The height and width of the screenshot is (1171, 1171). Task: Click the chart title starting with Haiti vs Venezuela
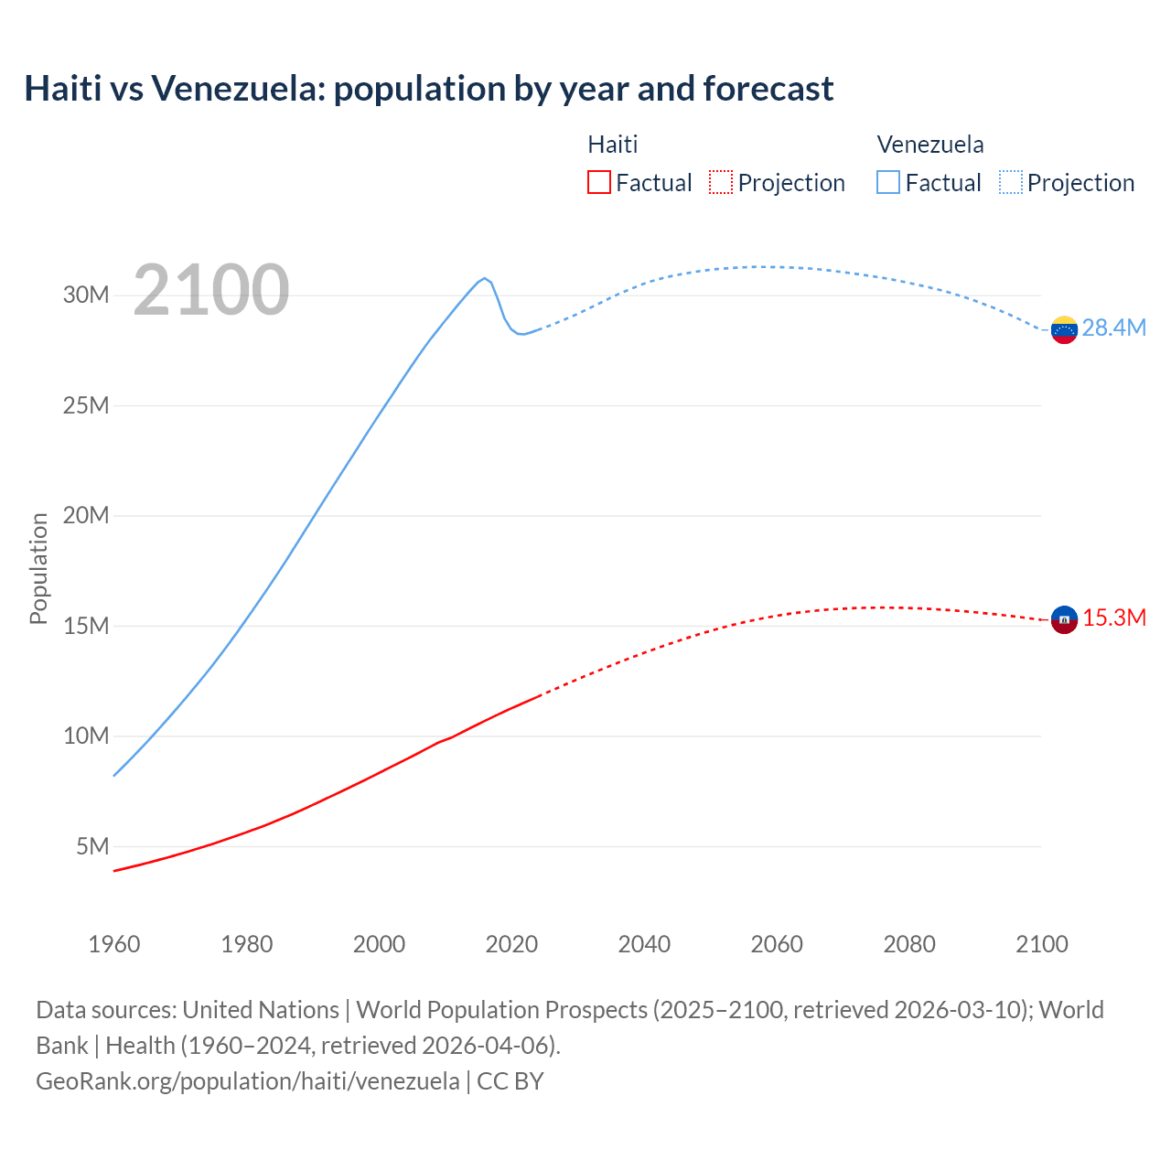[x=428, y=89]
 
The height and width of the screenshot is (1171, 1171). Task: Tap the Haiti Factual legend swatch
[x=598, y=182]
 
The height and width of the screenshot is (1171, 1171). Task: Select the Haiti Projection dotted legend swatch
[x=721, y=182]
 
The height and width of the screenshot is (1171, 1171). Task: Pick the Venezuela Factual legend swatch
[x=887, y=182]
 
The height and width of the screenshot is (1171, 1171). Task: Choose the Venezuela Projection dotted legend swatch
[x=1010, y=182]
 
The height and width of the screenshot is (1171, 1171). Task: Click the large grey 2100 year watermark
[x=211, y=290]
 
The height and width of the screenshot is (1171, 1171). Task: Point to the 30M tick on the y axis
[x=86, y=295]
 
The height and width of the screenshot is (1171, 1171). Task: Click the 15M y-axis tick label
[x=86, y=626]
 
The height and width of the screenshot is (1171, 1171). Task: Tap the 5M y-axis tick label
[x=92, y=846]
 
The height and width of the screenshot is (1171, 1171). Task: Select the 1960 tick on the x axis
[x=114, y=944]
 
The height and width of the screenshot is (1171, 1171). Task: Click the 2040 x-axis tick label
[x=644, y=944]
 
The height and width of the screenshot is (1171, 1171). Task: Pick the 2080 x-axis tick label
[x=909, y=944]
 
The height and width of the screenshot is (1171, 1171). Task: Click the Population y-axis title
[x=38, y=568]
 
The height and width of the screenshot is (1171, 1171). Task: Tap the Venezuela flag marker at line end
[x=1064, y=329]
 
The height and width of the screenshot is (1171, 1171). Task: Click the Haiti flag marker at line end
[x=1064, y=619]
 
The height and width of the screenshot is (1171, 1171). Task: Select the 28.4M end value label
[x=1113, y=328]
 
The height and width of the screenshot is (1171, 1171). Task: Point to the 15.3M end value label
[x=1114, y=618]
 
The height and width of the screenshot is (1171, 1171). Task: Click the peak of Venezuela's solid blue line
[x=484, y=278]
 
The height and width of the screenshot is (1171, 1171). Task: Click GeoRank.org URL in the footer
[x=248, y=1080]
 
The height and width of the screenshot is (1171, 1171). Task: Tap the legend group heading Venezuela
[x=929, y=145]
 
